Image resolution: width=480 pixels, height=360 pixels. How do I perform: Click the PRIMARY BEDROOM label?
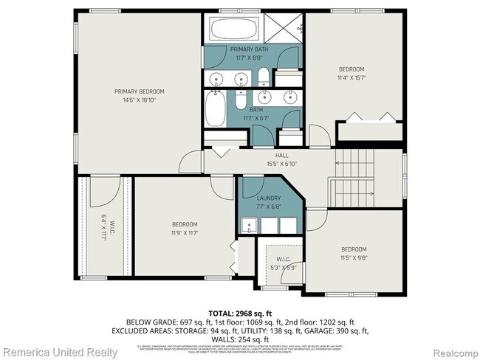coord(139,91)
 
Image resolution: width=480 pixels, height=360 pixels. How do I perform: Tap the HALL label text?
coord(281,156)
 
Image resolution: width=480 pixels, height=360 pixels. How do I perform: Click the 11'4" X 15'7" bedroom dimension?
coord(352,77)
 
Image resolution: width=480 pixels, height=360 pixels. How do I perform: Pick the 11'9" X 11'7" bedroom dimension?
coord(185,232)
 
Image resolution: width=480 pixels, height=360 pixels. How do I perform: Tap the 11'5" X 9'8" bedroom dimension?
coord(353,257)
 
